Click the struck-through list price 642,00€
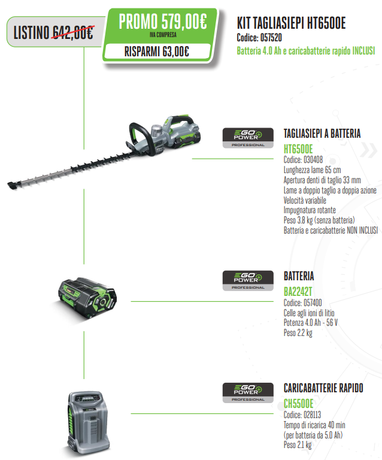(73, 32)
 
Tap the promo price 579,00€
(184, 22)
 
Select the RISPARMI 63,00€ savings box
(157, 52)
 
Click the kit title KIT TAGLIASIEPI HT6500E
(291, 23)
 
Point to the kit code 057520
(271, 38)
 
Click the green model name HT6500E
(298, 149)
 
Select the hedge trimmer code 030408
(313, 159)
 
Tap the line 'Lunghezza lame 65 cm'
(312, 170)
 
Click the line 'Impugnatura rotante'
(310, 210)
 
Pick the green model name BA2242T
(298, 292)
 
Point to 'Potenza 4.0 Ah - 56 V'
(311, 322)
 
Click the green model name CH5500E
(298, 404)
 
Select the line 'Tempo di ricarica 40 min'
(314, 425)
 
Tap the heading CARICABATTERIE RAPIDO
(323, 388)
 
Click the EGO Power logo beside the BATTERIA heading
(248, 281)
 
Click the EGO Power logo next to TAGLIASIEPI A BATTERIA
(248, 138)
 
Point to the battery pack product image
(87, 298)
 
